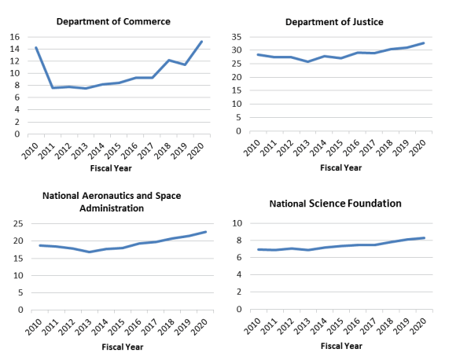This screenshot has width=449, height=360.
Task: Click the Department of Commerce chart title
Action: [113, 21]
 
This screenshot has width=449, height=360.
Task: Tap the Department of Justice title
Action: [334, 22]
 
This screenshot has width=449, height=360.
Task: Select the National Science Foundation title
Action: [335, 204]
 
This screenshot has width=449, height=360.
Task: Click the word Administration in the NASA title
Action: [112, 208]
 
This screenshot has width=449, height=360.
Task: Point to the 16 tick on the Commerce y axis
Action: [15, 37]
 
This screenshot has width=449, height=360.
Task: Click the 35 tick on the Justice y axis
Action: [237, 37]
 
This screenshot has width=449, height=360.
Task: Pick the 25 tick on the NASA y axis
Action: [18, 223]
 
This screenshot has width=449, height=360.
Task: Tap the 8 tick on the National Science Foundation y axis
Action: [239, 241]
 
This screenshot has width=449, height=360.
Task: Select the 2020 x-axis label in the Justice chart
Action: [418, 148]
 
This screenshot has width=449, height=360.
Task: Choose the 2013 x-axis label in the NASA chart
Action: [83, 327]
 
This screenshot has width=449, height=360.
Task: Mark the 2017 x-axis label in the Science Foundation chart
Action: [368, 326]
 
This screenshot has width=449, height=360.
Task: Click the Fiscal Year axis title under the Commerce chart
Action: [111, 168]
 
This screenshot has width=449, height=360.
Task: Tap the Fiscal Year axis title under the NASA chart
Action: [123, 347]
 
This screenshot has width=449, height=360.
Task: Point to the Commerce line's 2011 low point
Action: [53, 88]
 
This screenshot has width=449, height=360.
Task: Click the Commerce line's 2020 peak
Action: [201, 42]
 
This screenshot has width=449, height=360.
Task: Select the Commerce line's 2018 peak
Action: [168, 60]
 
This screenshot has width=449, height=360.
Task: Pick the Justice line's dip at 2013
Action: [307, 61]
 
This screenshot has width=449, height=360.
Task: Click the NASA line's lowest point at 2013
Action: [90, 252]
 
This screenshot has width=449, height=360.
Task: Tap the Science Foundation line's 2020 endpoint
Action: [424, 238]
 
